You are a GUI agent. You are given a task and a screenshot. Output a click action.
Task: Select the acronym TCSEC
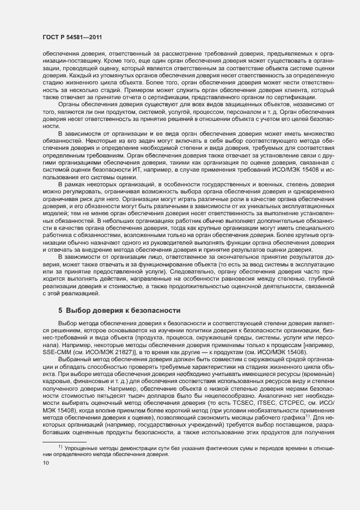click(x=239, y=409)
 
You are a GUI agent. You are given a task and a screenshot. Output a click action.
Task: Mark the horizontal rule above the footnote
click(x=64, y=441)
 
